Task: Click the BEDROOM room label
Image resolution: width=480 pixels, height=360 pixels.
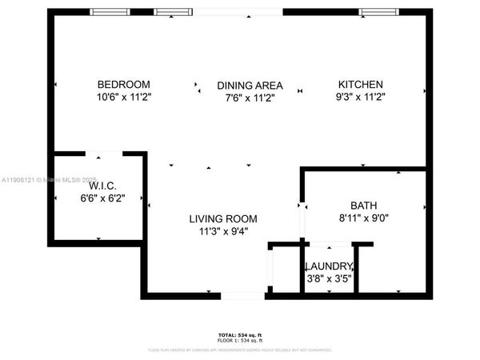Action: click(x=124, y=85)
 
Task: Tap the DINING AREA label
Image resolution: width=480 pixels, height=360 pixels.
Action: click(x=250, y=86)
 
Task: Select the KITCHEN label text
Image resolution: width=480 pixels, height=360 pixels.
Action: click(x=360, y=85)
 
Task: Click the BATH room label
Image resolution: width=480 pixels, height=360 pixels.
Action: click(x=363, y=205)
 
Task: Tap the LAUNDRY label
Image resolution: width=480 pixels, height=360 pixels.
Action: click(x=329, y=266)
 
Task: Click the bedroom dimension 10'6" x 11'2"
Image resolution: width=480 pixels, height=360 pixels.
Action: click(x=124, y=97)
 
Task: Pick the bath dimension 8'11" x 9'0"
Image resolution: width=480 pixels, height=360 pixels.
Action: click(x=363, y=217)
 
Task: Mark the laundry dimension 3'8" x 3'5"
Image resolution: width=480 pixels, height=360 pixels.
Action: click(x=329, y=278)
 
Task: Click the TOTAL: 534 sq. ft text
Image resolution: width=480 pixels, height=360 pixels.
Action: click(x=240, y=334)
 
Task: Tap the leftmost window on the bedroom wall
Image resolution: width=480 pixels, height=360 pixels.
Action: click(x=110, y=12)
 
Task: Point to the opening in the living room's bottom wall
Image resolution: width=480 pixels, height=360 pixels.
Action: click(x=243, y=296)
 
